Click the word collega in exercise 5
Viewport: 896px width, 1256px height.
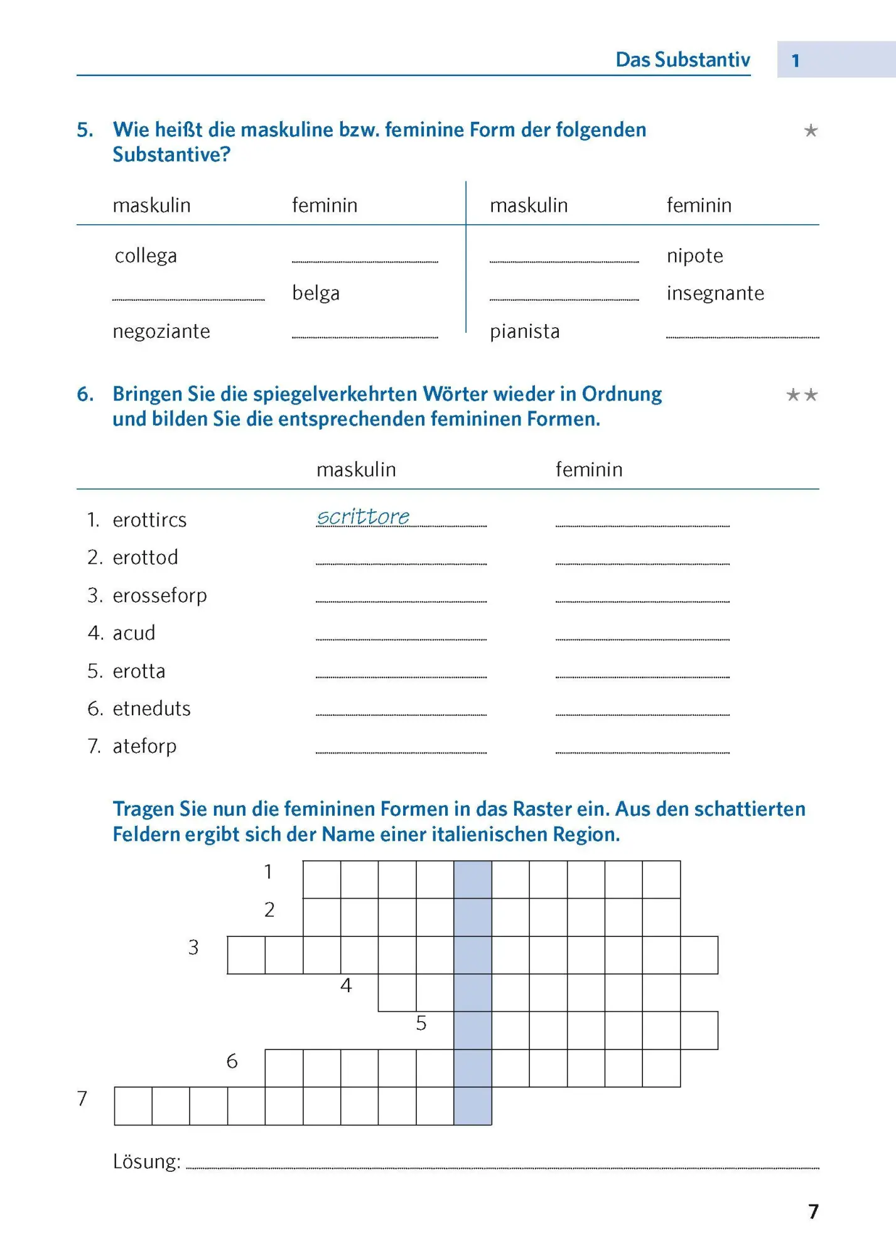(x=146, y=256)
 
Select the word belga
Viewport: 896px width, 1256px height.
(x=316, y=293)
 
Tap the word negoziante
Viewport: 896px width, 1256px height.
(x=161, y=331)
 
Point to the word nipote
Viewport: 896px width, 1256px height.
(x=694, y=256)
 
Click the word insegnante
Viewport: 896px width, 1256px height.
(x=715, y=293)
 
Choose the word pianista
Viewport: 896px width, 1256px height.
(x=524, y=331)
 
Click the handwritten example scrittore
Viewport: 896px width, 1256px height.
(x=363, y=517)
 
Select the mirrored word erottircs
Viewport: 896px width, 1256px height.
(x=149, y=520)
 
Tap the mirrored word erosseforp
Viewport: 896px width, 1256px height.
(x=159, y=595)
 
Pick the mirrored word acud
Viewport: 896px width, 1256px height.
(x=134, y=633)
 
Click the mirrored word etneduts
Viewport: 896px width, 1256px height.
(x=151, y=708)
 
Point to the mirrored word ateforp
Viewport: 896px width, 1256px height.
(x=144, y=746)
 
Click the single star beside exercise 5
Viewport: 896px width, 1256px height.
(x=811, y=131)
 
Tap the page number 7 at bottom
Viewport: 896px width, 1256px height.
(x=813, y=1211)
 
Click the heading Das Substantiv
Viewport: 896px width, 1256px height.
(x=683, y=60)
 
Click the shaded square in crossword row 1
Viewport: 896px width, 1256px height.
(x=473, y=879)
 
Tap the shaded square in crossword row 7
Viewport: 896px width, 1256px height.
(x=473, y=1106)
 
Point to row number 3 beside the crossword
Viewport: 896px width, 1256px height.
(x=193, y=948)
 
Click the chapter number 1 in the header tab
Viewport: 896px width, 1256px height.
(x=796, y=60)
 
